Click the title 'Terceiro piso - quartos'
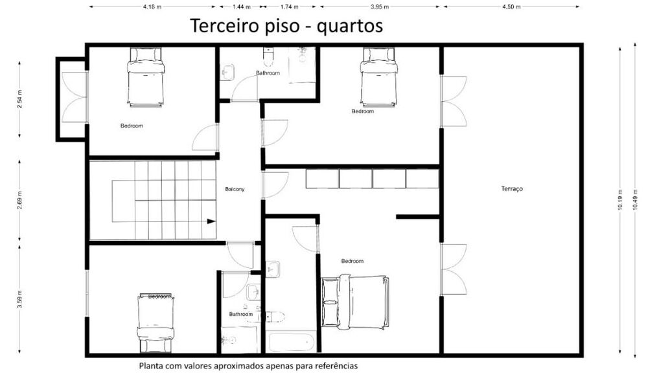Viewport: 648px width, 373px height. [286, 26]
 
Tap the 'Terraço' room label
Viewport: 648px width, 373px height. [511, 189]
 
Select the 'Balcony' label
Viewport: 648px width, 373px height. [235, 189]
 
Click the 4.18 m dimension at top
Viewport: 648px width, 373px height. [152, 6]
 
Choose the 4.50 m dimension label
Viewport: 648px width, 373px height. [511, 6]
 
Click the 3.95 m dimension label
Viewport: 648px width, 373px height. [379, 6]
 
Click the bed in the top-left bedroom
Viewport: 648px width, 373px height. [146, 77]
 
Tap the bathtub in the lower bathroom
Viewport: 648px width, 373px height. [291, 341]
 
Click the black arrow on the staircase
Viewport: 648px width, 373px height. [211, 221]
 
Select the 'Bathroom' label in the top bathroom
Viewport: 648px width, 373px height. [268, 73]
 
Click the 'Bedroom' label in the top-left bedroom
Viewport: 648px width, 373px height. [132, 126]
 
